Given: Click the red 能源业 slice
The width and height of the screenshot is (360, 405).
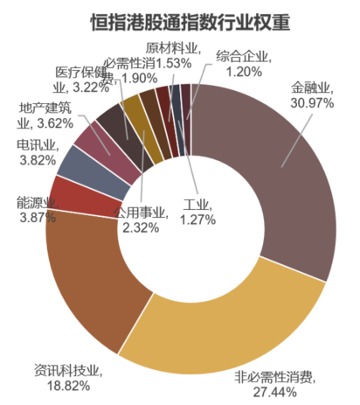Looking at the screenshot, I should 68,194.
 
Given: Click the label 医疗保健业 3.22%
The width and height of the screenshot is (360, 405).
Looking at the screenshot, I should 78,79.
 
